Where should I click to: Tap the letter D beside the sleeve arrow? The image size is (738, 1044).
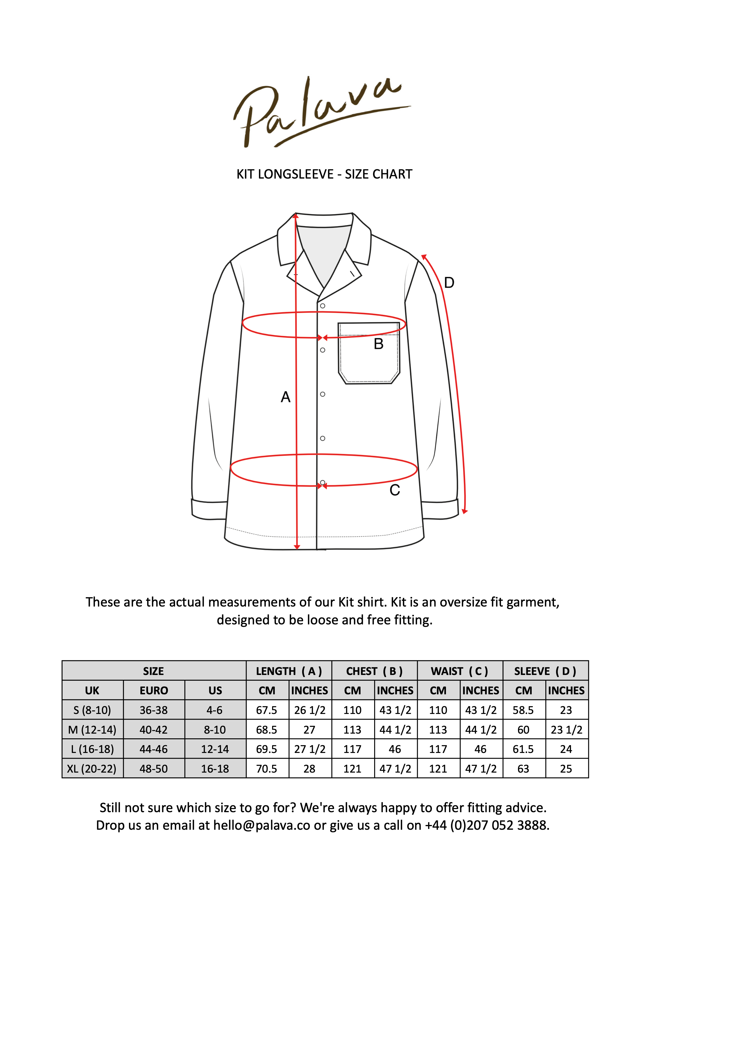tap(449, 283)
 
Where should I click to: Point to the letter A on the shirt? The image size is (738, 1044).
tap(285, 397)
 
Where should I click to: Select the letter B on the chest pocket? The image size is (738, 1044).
tap(378, 344)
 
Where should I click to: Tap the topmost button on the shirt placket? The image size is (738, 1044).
tap(322, 306)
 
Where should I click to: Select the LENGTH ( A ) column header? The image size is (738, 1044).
tap(289, 671)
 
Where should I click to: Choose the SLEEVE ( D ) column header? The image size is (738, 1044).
tap(545, 671)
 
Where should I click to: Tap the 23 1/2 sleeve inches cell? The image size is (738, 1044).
tap(566, 730)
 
